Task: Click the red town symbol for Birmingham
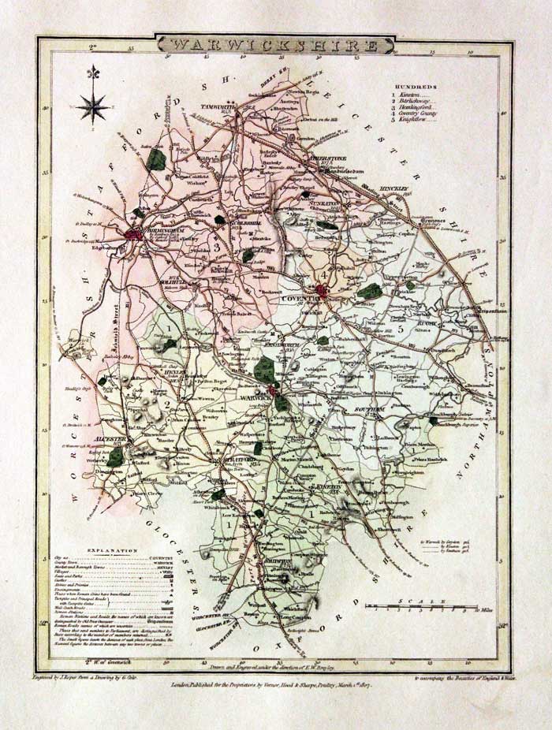[x=134, y=233]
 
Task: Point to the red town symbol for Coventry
[x=323, y=292]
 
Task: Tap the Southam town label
[x=369, y=410]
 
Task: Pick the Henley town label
[x=174, y=372]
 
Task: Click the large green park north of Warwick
[x=265, y=369]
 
